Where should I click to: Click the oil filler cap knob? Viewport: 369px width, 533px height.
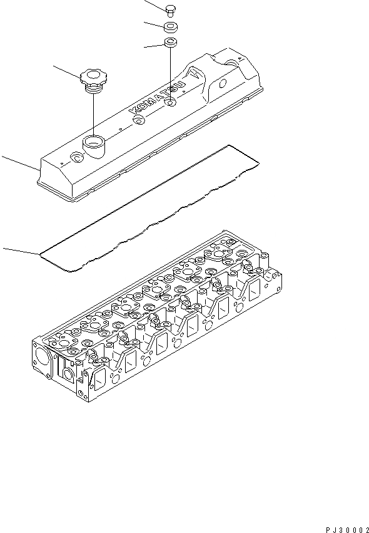(92, 78)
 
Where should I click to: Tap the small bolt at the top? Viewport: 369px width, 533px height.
(171, 9)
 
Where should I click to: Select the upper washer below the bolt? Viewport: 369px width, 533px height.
(171, 27)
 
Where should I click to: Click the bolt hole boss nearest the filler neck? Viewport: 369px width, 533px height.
(75, 158)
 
